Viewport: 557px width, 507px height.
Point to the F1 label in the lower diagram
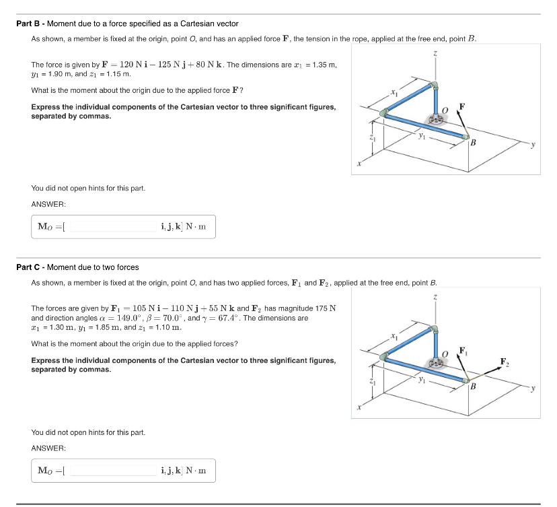(463, 349)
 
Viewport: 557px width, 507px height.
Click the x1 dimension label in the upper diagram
(396, 91)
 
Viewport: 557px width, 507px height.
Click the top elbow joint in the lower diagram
(435, 329)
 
